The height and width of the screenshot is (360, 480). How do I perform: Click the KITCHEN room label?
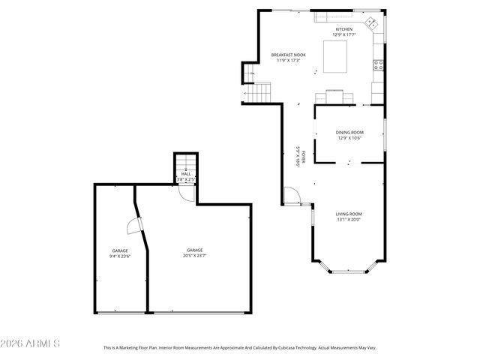(x=343, y=29)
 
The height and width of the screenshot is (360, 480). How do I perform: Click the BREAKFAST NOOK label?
(x=287, y=54)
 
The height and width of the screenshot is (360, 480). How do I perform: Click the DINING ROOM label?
(x=349, y=133)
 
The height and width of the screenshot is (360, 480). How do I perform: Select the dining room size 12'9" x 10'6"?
(x=349, y=138)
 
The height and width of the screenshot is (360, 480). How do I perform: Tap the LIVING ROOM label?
(x=349, y=214)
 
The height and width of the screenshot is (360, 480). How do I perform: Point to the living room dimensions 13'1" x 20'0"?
(x=349, y=220)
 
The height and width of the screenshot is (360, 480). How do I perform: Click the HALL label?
(x=186, y=174)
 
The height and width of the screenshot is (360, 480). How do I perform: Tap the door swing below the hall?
(x=190, y=193)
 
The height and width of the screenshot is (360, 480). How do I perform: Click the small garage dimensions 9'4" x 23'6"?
(x=121, y=256)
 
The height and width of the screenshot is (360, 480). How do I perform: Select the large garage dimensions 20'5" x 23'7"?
(x=195, y=256)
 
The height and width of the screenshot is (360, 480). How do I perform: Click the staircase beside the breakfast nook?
(x=259, y=94)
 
